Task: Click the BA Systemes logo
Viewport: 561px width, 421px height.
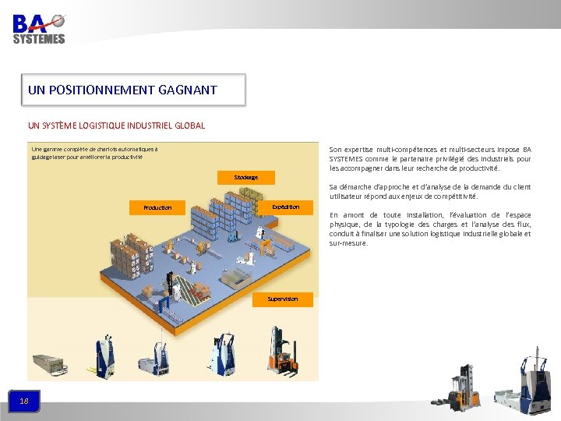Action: (x=39, y=27)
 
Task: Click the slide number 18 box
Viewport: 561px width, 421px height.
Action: (x=24, y=401)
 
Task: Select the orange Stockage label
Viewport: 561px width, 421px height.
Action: (x=245, y=177)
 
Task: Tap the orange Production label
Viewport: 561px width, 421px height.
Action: (x=157, y=208)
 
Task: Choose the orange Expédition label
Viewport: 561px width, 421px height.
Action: (x=285, y=207)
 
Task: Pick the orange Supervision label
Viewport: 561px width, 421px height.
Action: (x=282, y=299)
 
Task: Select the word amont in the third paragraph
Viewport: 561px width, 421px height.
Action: (x=355, y=215)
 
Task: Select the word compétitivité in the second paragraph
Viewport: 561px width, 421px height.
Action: (x=451, y=196)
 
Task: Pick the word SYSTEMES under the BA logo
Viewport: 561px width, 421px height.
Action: (x=39, y=39)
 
